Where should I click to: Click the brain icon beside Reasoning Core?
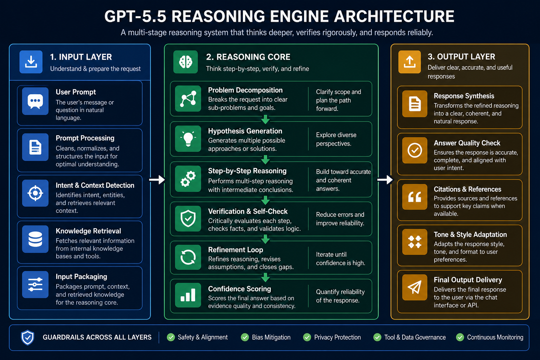pyautogui.click(x=185, y=62)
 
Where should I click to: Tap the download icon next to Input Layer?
pyautogui.click(x=31, y=62)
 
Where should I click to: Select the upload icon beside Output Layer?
pyautogui.click(x=410, y=62)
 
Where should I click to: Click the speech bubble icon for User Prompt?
pyautogui.click(x=35, y=101)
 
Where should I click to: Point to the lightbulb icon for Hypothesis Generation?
pyautogui.click(x=188, y=139)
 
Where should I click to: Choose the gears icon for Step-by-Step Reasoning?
pyautogui.click(x=188, y=179)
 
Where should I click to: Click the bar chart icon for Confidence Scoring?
pyautogui.click(x=188, y=295)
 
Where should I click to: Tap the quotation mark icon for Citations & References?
pyautogui.click(x=414, y=197)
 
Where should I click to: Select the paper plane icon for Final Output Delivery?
pyautogui.click(x=414, y=287)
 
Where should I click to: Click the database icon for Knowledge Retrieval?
pyautogui.click(x=35, y=239)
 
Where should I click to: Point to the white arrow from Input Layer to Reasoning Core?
pyautogui.click(x=157, y=180)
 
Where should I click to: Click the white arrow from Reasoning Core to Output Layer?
pyautogui.click(x=385, y=180)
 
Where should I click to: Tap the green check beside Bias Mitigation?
pyautogui.click(x=245, y=337)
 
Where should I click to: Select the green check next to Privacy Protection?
pyautogui.click(x=307, y=337)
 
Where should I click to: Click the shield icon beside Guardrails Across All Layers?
pyautogui.click(x=27, y=337)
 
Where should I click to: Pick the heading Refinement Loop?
pyautogui.click(x=236, y=250)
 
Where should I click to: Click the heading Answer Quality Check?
pyautogui.click(x=467, y=143)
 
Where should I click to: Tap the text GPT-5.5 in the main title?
pyautogui.click(x=135, y=17)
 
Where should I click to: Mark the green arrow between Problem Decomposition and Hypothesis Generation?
pyautogui.click(x=265, y=120)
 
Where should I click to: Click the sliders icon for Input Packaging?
pyautogui.click(x=35, y=284)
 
